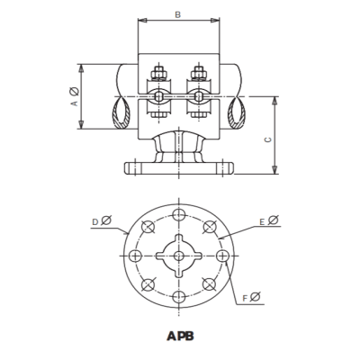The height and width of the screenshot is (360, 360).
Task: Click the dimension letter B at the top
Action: [x=177, y=14]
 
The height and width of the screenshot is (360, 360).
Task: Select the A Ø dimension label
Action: [x=74, y=97]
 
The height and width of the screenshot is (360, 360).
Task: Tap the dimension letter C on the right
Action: [x=268, y=139]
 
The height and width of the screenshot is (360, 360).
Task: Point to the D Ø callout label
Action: [x=101, y=220]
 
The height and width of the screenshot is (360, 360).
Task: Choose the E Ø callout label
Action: [x=267, y=219]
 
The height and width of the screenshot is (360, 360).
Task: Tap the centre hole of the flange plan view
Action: [x=179, y=256]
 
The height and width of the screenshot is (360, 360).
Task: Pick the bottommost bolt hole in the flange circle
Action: [x=179, y=297]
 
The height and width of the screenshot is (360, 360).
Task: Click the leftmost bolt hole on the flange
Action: [x=137, y=256]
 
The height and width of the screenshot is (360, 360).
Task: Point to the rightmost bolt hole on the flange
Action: [x=221, y=256]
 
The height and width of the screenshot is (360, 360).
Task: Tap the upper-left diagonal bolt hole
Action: [x=149, y=227]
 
